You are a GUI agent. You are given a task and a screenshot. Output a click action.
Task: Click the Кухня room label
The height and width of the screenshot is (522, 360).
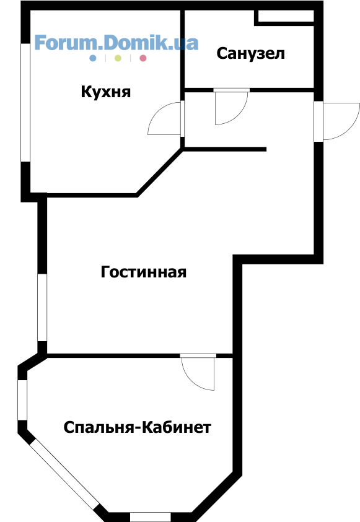click(x=106, y=92)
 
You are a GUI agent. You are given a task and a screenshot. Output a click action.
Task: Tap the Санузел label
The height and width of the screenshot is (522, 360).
click(x=250, y=54)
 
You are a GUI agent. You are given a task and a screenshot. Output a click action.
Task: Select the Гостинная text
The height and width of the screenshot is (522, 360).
click(x=144, y=272)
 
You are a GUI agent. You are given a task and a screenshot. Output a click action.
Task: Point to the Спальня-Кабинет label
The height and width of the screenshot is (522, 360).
click(x=137, y=427)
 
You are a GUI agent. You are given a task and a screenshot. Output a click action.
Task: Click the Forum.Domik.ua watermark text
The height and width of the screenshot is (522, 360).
click(x=116, y=43)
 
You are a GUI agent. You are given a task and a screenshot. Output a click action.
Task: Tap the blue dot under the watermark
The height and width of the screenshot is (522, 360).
click(x=93, y=58)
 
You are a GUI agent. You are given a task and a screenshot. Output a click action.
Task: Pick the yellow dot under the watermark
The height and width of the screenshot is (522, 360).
click(x=118, y=58)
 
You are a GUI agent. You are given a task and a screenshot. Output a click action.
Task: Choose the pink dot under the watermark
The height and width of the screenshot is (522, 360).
click(x=143, y=58)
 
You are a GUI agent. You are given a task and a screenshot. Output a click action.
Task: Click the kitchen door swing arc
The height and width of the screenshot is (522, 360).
click(x=157, y=111)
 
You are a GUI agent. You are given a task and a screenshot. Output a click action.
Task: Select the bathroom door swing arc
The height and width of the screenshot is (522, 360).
click(x=240, y=115)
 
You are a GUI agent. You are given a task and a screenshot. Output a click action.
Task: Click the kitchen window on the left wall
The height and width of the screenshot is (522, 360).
click(x=25, y=103)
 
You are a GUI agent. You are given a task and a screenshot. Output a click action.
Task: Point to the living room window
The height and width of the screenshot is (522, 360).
click(x=42, y=308)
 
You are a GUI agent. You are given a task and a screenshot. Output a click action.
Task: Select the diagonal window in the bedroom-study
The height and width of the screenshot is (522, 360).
click(x=65, y=474)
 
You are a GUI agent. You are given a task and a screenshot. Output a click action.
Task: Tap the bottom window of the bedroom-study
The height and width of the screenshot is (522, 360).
click(x=150, y=517)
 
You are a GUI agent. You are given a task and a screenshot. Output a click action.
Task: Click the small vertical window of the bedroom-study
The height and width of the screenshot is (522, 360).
click(x=22, y=400)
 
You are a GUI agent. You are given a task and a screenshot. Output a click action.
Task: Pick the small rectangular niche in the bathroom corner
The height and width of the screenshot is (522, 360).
click(x=286, y=16)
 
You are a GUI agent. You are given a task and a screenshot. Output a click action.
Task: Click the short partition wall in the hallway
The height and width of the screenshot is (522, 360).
click(x=225, y=149)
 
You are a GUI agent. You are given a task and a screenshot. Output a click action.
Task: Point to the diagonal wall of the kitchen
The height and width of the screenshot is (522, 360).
click(x=160, y=172)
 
